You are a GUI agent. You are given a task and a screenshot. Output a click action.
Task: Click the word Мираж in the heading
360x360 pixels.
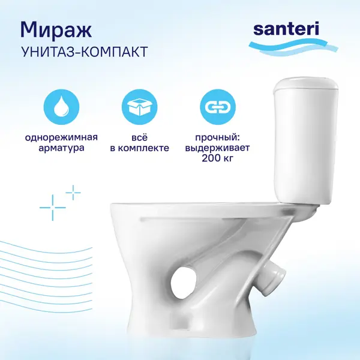(56, 31)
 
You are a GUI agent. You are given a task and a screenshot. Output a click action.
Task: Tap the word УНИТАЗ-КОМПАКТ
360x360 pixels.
(84, 52)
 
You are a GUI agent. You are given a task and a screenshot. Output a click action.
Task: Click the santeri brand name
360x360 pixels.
(286, 29)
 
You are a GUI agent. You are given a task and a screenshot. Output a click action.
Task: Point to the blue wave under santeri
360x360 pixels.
(293, 47)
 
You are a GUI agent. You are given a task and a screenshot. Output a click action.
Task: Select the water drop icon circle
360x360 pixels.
(61, 107)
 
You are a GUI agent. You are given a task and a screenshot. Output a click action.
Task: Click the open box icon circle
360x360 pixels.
(139, 107)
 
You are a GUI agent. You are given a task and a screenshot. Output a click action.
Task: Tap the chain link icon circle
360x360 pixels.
(218, 107)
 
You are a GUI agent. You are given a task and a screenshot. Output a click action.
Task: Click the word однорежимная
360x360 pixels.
(61, 138)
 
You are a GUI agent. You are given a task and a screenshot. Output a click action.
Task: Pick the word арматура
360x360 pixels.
(61, 148)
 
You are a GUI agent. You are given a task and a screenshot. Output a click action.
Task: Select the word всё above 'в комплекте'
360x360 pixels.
(140, 137)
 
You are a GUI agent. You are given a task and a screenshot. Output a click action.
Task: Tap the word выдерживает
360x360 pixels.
(217, 148)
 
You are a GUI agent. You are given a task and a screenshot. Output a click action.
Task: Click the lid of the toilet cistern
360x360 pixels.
(307, 85)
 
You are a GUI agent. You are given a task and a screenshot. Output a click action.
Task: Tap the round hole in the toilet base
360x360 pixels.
(182, 283)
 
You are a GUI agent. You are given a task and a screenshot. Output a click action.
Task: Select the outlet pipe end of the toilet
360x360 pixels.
(275, 278)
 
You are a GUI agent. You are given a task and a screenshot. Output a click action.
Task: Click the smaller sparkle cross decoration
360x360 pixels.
(73, 193)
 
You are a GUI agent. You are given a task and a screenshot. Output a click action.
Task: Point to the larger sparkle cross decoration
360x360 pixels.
(53, 208)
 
